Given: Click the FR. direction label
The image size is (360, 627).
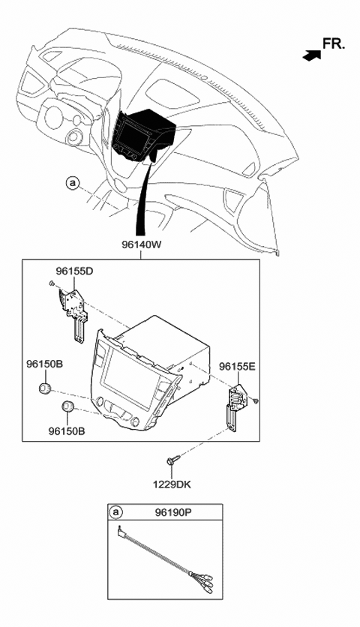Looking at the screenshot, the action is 334,43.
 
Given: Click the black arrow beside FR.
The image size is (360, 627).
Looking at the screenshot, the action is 312,56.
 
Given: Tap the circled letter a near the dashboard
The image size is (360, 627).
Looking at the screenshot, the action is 72,183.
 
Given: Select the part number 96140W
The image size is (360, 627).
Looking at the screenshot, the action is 141,244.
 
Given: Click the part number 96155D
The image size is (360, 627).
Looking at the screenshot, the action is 74,271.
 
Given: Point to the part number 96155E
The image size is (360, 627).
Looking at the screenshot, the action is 237,366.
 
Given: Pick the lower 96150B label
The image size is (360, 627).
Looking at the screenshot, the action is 67,431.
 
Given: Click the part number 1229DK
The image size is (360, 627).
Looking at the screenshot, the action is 172,484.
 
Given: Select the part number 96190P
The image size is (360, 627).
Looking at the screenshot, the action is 173,512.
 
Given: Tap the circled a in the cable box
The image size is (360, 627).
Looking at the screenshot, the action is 116,511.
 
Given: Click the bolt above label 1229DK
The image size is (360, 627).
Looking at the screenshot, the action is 170,460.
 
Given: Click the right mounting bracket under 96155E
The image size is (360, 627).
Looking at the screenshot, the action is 235,406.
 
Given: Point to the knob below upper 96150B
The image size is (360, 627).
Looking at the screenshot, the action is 45,388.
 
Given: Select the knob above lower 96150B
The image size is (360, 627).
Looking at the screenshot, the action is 67,406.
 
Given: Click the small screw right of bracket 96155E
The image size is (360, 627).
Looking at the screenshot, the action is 256,400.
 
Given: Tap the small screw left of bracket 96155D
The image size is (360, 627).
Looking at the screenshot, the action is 52,283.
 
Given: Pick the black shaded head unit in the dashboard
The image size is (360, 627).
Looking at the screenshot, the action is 143,134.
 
